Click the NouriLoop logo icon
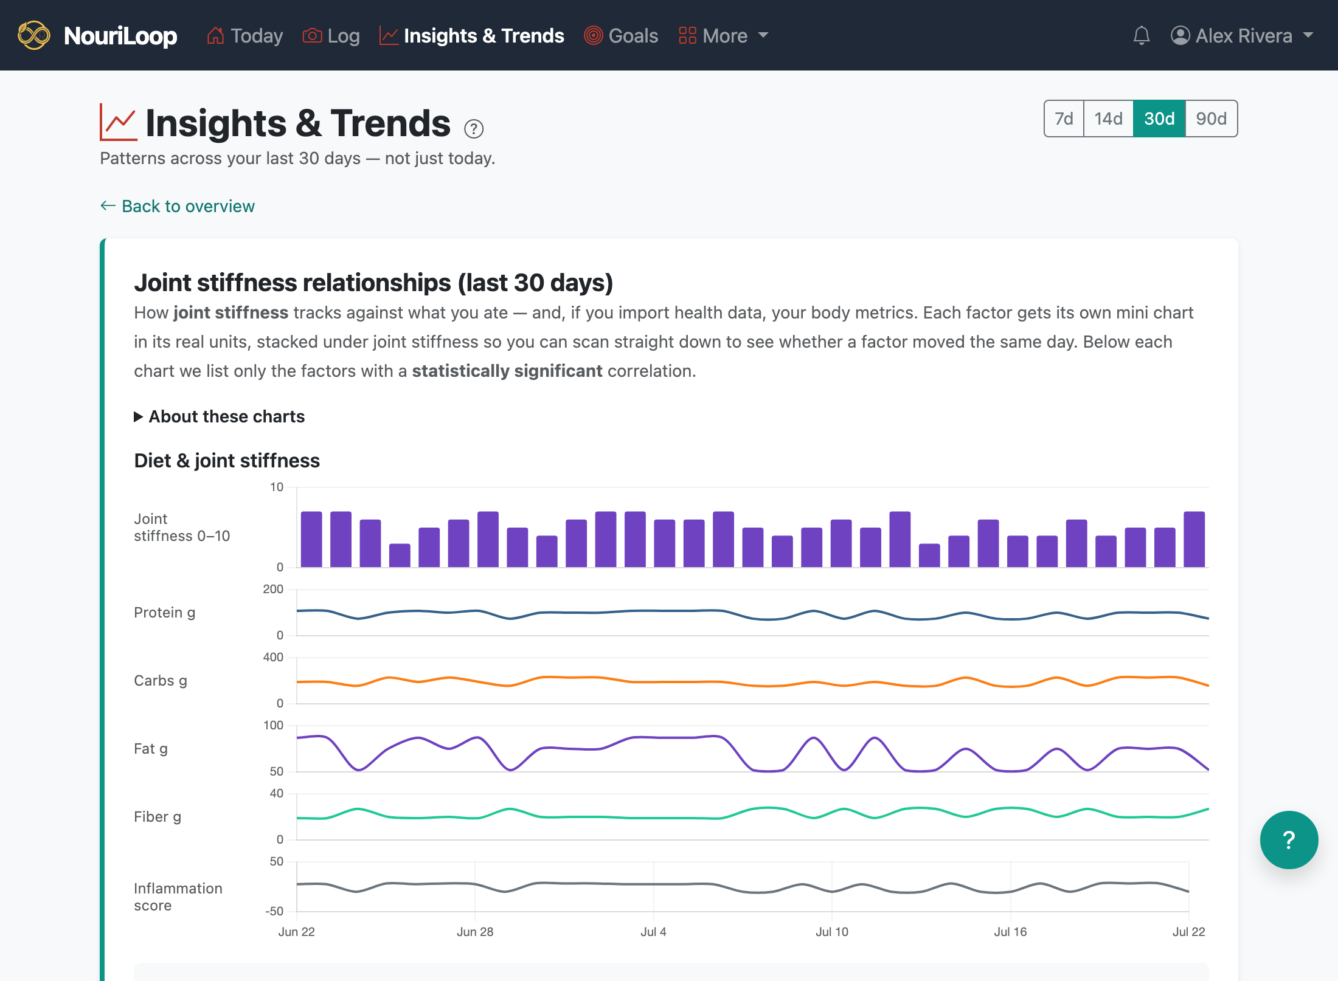(x=34, y=35)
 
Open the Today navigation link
(x=245, y=36)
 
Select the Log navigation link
(x=331, y=36)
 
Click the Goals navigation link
(x=621, y=36)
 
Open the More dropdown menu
(x=724, y=36)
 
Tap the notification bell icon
(x=1142, y=36)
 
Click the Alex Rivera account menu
(x=1242, y=36)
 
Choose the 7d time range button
(x=1064, y=119)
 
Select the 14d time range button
(x=1108, y=119)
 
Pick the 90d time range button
(x=1211, y=119)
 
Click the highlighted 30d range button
(x=1159, y=119)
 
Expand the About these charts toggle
(x=220, y=416)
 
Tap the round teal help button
(x=1289, y=840)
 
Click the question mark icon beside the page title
(x=474, y=129)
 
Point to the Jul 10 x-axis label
(x=832, y=932)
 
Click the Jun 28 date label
(x=475, y=932)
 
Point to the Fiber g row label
(x=158, y=817)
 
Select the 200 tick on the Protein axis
(x=273, y=589)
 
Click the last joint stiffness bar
(x=1194, y=540)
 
